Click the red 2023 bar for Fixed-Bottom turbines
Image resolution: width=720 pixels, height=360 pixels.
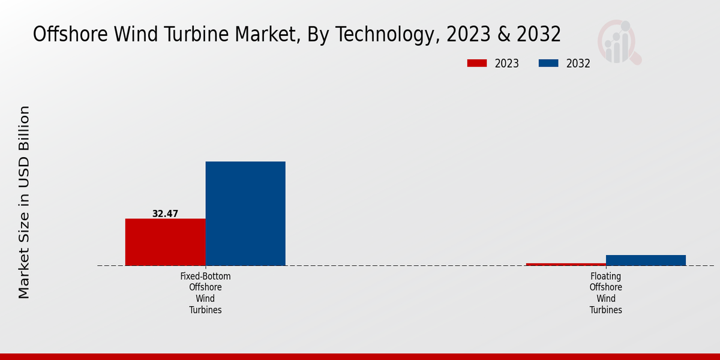tap(165, 242)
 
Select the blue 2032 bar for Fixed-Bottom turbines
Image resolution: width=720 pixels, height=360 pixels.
tap(245, 213)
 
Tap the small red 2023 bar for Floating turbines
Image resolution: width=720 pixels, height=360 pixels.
tap(565, 264)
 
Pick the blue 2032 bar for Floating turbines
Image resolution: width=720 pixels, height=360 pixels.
tap(646, 260)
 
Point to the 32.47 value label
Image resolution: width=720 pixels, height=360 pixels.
tap(165, 214)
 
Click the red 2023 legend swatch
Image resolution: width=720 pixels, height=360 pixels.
tap(478, 64)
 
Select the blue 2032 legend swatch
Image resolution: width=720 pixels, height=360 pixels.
tap(549, 64)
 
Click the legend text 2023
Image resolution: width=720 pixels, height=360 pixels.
tap(507, 64)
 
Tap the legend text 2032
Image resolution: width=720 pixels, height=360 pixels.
tap(578, 64)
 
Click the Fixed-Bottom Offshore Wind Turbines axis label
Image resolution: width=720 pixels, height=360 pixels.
tap(205, 293)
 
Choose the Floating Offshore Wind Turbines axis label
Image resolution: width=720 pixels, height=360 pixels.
tap(605, 293)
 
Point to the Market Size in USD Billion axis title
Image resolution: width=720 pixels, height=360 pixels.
tap(24, 202)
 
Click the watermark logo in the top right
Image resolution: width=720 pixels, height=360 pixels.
tap(619, 42)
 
